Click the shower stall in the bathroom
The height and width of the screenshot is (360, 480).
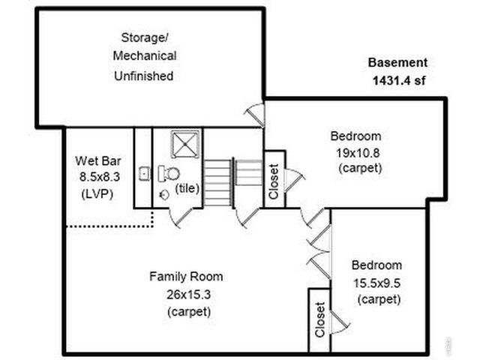(183, 144)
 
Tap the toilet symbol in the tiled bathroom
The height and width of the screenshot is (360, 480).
(169, 174)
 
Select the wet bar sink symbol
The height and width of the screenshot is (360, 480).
(145, 174)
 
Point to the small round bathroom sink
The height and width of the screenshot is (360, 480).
(164, 194)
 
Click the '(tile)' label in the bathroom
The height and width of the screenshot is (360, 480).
(187, 188)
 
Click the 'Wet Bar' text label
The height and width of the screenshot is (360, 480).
(93, 160)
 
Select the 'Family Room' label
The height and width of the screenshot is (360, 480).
(185, 276)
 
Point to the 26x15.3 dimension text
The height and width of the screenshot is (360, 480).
(185, 293)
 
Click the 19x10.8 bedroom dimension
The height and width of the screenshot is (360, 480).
(355, 152)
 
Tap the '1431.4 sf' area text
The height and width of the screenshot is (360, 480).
(398, 80)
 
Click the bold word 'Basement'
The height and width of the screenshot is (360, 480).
(397, 63)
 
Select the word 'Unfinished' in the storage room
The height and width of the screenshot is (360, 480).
(144, 75)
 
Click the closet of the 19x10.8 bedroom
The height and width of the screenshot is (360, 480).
(273, 180)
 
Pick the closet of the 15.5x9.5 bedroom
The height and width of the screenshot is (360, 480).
(319, 319)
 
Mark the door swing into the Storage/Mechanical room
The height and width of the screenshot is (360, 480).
(256, 115)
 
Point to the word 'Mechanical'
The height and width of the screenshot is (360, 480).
(145, 56)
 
